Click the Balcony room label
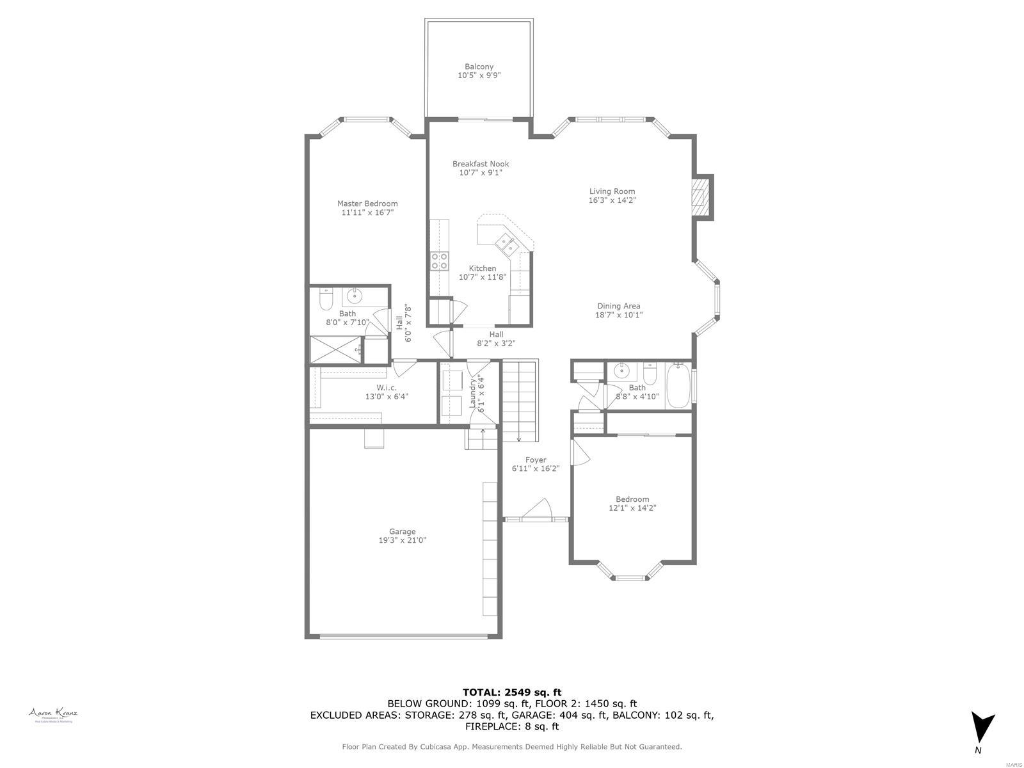(479, 67)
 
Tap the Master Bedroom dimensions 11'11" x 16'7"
(367, 212)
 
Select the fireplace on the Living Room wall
(703, 197)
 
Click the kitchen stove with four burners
(439, 260)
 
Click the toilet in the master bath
(326, 298)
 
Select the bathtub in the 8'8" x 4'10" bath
(678, 386)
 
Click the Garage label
(402, 531)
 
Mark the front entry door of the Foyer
(535, 512)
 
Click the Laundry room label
(473, 394)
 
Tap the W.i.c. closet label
(387, 388)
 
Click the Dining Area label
(618, 306)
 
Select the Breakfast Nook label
(481, 164)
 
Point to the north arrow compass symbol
(982, 728)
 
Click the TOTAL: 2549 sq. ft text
(511, 692)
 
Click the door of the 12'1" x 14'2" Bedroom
(579, 451)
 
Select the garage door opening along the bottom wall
(403, 636)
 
